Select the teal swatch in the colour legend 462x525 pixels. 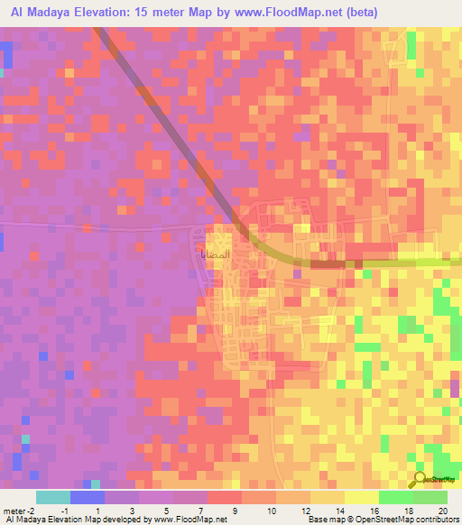point(52,498)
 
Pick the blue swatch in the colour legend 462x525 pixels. point(87,498)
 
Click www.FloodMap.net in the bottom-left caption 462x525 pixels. point(189,520)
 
